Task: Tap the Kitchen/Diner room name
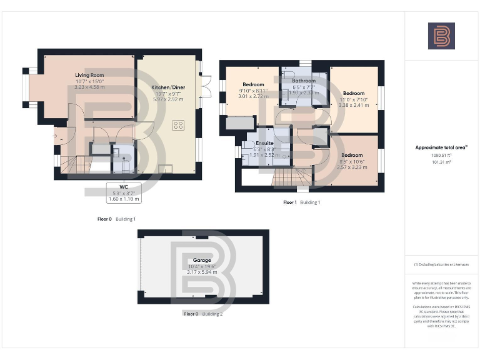tap(167, 87)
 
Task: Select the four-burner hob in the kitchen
tap(179, 124)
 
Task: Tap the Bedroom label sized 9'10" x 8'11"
tap(253, 84)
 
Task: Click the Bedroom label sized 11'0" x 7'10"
tap(353, 93)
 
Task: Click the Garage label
tap(201, 259)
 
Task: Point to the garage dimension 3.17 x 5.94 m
tap(201, 272)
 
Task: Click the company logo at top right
tap(441, 36)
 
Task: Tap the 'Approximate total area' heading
tap(441, 147)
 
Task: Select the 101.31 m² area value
tap(441, 161)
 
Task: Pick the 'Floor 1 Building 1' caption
tap(301, 202)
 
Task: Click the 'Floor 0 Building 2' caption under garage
tap(203, 314)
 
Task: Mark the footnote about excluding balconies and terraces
tap(441, 264)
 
